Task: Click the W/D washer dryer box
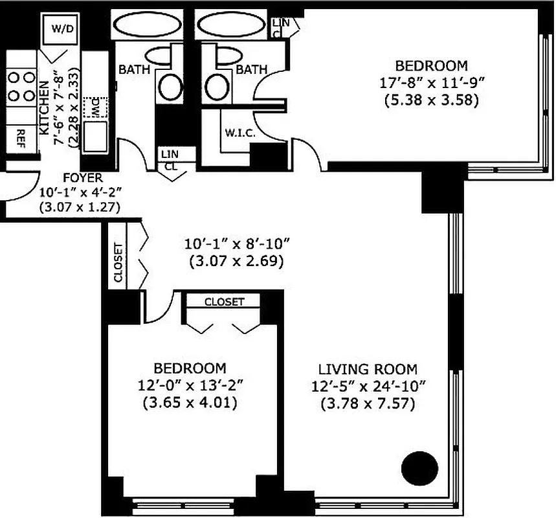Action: pos(63,29)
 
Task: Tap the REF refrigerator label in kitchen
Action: pos(21,137)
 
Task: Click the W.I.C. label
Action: pos(239,133)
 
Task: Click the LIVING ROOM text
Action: pos(368,370)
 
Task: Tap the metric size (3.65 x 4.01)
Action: pos(190,402)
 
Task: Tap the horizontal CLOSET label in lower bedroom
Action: pos(224,302)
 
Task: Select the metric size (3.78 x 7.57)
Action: pos(368,405)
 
